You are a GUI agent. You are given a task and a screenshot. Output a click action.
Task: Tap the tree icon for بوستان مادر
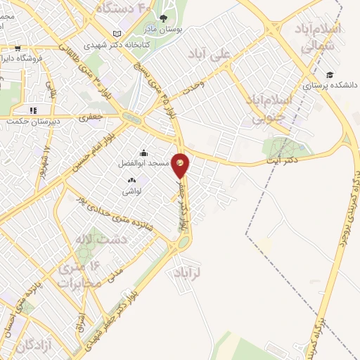(164, 19)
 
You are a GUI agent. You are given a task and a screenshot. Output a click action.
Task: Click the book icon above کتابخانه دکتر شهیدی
(117, 34)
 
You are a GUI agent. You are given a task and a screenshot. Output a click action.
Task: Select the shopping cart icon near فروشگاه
(16, 49)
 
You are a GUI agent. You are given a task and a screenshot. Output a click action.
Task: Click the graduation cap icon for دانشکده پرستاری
(329, 75)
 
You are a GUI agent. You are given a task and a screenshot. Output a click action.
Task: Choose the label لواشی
(132, 191)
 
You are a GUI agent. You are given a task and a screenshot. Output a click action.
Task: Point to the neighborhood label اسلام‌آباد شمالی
(319, 37)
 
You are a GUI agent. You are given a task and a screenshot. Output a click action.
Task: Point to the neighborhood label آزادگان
(28, 345)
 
